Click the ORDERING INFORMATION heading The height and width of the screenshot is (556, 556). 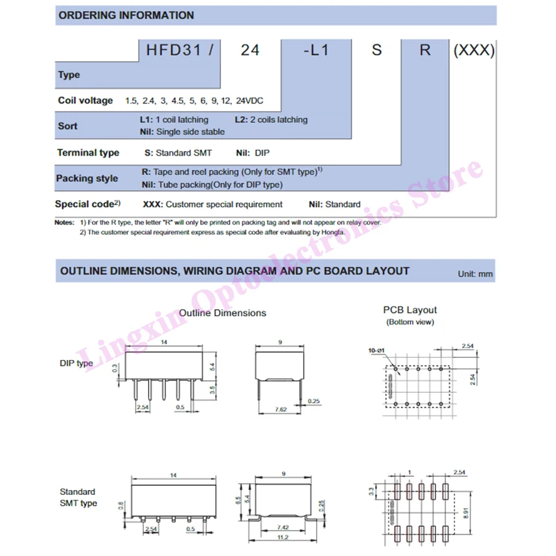(x=126, y=15)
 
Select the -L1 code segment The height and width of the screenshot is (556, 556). (x=311, y=50)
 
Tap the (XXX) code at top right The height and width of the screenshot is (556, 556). (x=473, y=50)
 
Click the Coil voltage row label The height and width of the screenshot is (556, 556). (x=85, y=101)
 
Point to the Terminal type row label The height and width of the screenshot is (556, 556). (x=88, y=152)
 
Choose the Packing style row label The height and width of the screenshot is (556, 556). (x=87, y=178)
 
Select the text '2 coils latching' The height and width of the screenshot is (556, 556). (x=276, y=120)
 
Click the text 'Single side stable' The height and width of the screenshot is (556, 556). (x=190, y=132)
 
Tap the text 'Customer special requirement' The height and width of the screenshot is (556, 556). (x=224, y=204)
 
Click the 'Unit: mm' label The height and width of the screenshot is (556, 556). (x=475, y=274)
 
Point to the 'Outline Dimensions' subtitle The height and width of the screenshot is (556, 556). (x=222, y=313)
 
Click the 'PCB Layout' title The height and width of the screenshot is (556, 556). (x=410, y=310)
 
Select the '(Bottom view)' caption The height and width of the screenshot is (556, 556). (x=410, y=322)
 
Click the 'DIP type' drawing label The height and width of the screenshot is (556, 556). (x=76, y=363)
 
